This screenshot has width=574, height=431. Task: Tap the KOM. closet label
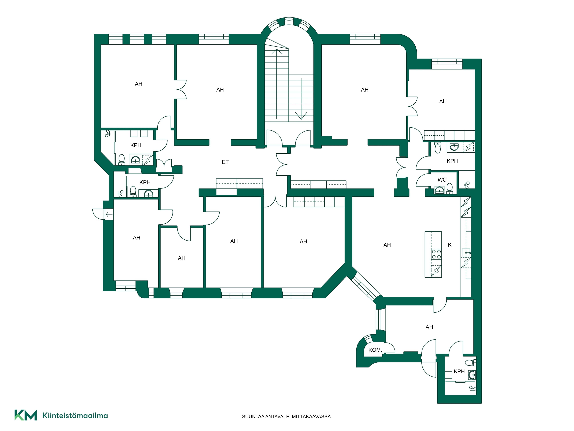[375, 350]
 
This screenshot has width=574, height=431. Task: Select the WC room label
[442, 180]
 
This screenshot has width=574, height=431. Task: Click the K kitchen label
[450, 245]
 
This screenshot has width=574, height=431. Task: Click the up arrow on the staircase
[277, 83]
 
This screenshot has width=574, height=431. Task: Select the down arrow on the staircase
[301, 99]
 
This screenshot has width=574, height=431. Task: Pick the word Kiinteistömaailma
[75, 415]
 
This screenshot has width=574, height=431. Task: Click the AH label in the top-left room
[139, 84]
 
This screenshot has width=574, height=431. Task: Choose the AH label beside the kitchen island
[387, 245]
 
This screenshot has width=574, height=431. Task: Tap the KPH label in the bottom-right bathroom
[459, 372]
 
